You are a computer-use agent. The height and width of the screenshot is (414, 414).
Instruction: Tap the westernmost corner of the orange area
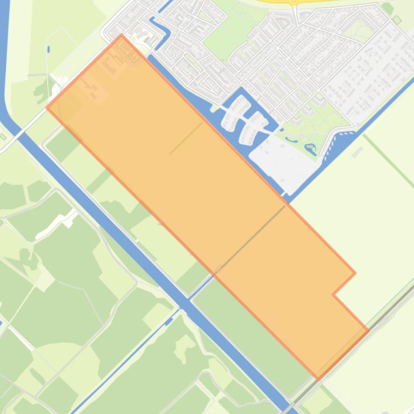point(47,108)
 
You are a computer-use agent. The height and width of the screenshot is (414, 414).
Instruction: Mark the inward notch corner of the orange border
point(333,294)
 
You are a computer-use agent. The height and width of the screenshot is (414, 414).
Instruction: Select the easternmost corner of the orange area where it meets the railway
point(368,331)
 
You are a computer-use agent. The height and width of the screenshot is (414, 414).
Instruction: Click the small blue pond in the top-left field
point(48,49)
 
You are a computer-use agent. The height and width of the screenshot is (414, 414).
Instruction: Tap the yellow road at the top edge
point(293,2)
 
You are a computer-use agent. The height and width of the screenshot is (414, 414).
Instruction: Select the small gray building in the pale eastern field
point(357,152)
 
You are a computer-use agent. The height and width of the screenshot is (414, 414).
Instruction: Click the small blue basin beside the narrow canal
point(169,322)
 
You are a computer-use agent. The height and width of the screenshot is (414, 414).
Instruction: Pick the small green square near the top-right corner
point(397,20)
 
